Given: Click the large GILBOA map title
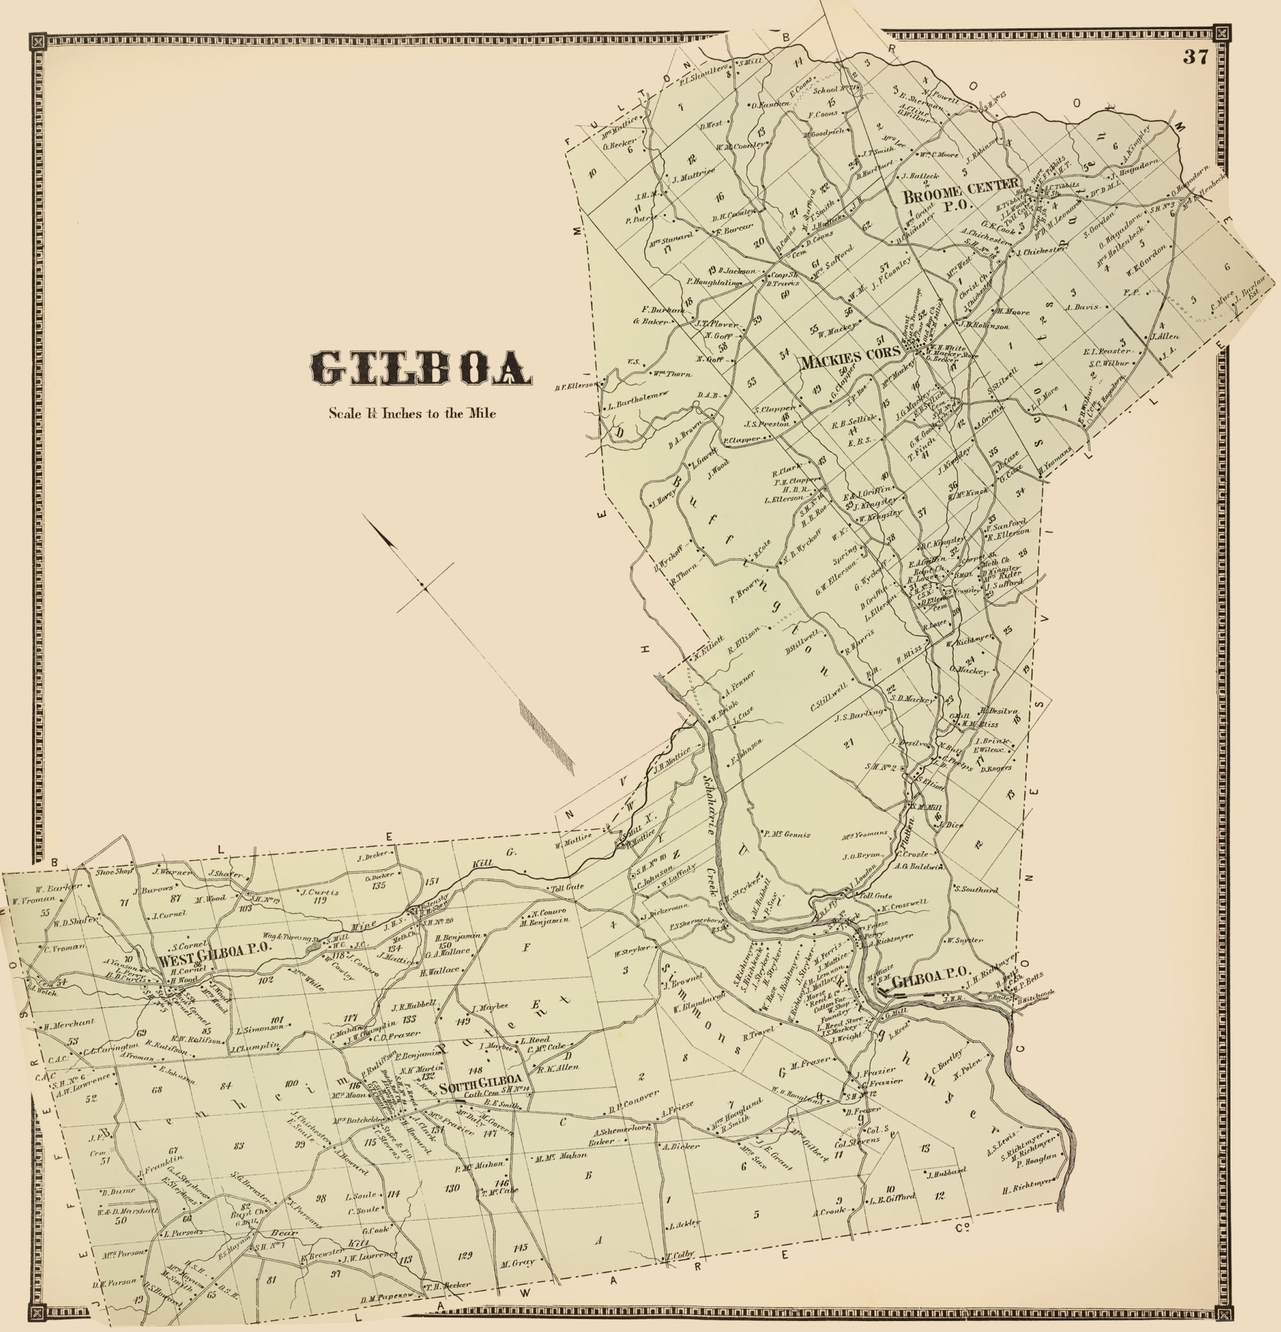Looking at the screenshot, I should pyautogui.click(x=421, y=369).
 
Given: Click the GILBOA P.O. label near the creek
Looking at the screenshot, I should pyautogui.click(x=928, y=981).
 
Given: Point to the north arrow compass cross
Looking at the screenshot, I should pyautogui.click(x=425, y=586).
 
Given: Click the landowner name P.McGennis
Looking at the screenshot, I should pyautogui.click(x=787, y=834).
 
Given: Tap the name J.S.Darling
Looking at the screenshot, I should pyautogui.click(x=859, y=713).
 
